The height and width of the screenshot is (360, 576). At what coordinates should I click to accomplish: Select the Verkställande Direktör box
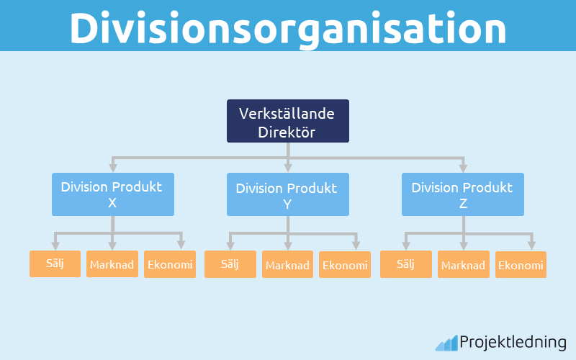coord(288,121)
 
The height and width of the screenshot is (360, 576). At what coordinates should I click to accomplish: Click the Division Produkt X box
coord(112,194)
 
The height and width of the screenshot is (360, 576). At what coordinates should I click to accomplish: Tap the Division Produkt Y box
coord(287,194)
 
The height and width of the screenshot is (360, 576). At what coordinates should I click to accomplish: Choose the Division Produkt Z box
coord(462,194)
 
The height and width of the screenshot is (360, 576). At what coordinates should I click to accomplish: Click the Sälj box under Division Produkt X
coord(55,264)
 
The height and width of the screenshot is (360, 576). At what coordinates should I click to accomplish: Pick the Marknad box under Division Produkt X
coord(112,264)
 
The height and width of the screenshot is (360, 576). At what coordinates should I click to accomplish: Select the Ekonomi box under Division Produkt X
coord(170,264)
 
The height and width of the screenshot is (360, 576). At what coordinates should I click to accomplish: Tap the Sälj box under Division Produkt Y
coord(230,264)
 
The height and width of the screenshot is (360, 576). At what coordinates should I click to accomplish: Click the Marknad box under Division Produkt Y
coord(287,264)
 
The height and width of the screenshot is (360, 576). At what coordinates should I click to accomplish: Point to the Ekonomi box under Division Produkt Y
coord(345,264)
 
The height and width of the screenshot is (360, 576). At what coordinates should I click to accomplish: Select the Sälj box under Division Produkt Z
coord(405,264)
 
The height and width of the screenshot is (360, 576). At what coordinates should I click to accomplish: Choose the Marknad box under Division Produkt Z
coord(463,264)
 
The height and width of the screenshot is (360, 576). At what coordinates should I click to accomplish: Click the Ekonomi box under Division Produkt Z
coord(520,264)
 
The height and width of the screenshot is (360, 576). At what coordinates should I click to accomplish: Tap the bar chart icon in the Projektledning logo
coord(446,343)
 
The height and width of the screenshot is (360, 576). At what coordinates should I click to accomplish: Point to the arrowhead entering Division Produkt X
coord(112,168)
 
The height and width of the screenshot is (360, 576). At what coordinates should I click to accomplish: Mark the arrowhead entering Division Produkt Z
coord(462,168)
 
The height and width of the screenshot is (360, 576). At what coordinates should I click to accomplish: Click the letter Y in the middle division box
coord(287,203)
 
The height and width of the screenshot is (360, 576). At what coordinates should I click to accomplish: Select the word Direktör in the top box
coord(288,131)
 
